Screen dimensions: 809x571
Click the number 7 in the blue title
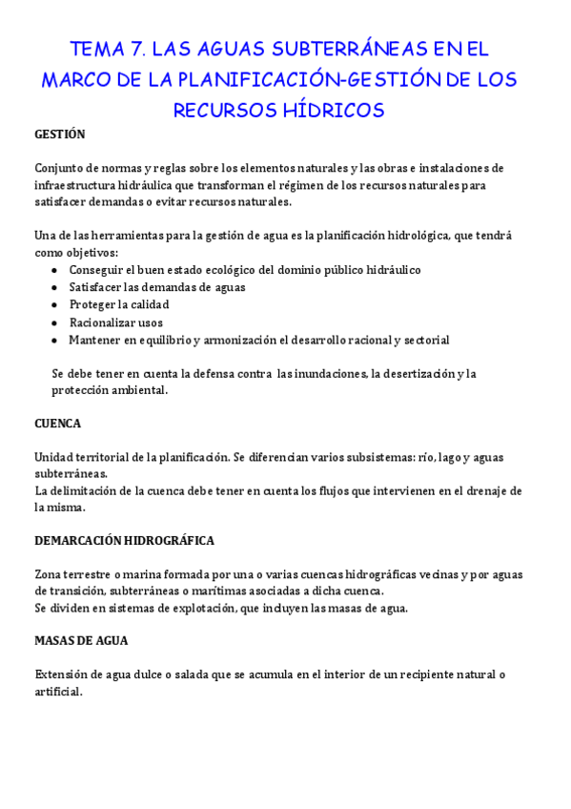click(137, 49)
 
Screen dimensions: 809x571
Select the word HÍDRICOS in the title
click(328, 111)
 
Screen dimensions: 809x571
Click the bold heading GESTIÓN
click(60, 135)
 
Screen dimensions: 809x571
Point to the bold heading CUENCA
click(58, 423)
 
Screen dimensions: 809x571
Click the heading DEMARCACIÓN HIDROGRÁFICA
click(124, 541)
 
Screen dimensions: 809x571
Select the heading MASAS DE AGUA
click(81, 641)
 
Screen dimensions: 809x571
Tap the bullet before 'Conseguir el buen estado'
click(53, 270)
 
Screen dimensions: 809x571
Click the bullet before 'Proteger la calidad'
click(53, 305)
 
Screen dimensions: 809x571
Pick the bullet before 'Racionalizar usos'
click(53, 322)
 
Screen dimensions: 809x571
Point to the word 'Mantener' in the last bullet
click(95, 340)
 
